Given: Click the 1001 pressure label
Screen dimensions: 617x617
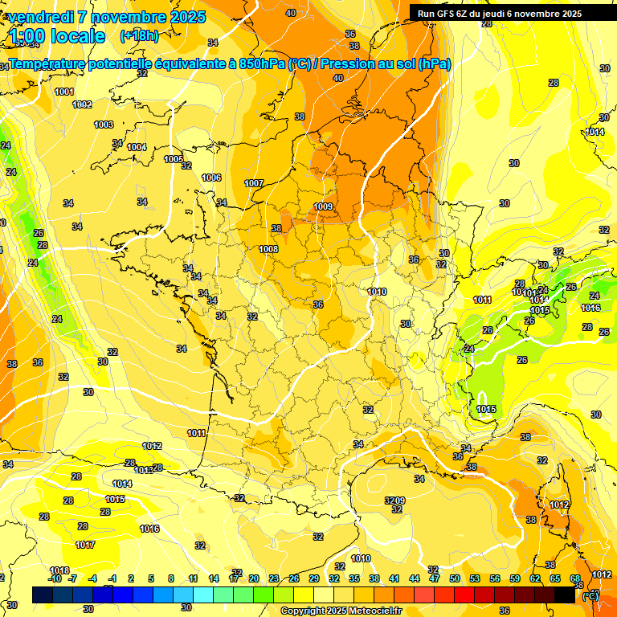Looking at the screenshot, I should click(64, 92).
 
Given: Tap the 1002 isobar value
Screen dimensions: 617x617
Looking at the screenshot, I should click(82, 104).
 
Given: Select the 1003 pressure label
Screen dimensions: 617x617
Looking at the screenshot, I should click(104, 125).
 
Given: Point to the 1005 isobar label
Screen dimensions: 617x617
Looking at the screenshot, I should click(174, 159).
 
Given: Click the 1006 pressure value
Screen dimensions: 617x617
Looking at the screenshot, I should click(211, 178).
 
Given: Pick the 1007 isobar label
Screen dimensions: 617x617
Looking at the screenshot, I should click(254, 183).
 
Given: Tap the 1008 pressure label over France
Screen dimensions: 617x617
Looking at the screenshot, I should click(268, 249).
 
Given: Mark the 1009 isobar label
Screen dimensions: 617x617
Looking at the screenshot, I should click(323, 206).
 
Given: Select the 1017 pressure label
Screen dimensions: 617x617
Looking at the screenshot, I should click(85, 545).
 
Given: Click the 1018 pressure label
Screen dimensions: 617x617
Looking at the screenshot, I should click(59, 570).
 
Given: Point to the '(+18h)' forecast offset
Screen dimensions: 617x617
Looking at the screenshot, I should click(139, 36).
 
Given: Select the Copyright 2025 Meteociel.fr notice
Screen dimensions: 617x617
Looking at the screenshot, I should click(341, 611).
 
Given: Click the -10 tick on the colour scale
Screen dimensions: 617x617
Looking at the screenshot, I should click(55, 578).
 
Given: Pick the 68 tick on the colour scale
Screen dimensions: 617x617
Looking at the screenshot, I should click(575, 578).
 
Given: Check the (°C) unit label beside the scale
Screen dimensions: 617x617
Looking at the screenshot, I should click(590, 596).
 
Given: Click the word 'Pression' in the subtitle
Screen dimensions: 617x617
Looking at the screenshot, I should click(352, 64).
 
